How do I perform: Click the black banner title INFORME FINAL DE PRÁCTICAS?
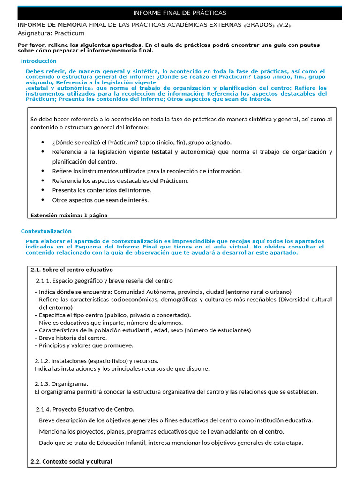click(180, 13)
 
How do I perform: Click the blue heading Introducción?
click(38, 61)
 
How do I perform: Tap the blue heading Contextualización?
click(46, 231)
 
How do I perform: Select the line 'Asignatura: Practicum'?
click(51, 33)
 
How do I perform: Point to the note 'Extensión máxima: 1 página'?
click(69, 215)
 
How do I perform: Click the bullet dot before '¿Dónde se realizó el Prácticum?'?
click(43, 142)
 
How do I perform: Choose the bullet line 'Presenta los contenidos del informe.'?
click(101, 190)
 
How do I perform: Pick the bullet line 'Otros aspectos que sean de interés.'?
click(100, 200)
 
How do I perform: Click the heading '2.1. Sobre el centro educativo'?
click(71, 270)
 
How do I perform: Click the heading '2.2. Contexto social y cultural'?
click(71, 461)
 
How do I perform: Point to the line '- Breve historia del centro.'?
click(71, 338)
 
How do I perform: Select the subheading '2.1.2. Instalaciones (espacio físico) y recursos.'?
click(97, 361)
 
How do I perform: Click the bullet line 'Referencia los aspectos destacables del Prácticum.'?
click(120, 180)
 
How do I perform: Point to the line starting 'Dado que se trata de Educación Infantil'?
click(171, 442)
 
